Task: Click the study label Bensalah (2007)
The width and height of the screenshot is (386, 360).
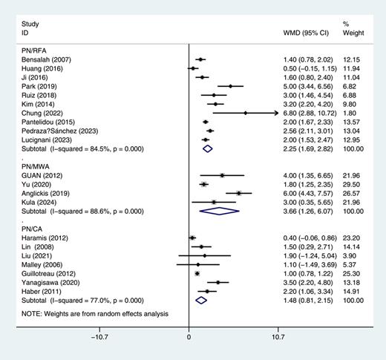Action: tap(45, 59)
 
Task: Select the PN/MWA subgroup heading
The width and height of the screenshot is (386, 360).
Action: tap(37, 166)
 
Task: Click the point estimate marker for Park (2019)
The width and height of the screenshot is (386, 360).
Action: tap(231, 86)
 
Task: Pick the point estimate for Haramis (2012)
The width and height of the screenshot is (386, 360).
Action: tap(192, 237)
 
